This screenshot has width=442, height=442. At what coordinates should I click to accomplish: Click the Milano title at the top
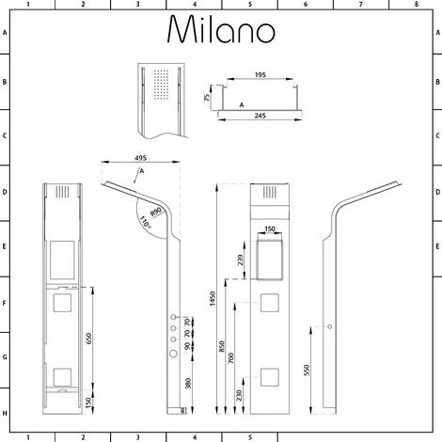tap(222, 30)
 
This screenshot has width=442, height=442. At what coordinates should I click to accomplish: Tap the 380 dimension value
tap(188, 385)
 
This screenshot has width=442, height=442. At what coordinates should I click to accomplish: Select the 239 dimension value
tap(241, 260)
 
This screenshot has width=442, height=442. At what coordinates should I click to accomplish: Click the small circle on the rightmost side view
tap(330, 326)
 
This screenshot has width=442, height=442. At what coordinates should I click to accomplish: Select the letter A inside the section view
tap(244, 105)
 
